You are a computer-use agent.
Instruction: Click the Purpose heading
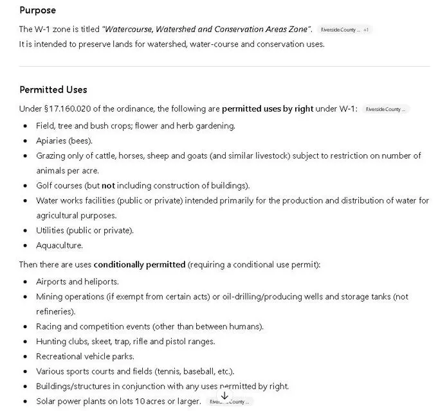pos(37,10)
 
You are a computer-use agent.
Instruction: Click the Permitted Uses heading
pos(53,90)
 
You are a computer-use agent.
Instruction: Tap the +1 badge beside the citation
pos(366,30)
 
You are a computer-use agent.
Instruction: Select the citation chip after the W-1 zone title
pos(340,30)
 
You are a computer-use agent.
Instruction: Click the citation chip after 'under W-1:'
pos(385,109)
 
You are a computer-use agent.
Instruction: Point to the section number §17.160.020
pos(75,109)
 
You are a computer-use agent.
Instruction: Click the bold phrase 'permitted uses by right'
pos(268,109)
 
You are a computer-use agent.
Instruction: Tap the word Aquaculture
pos(59,245)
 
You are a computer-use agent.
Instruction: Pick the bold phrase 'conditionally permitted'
pos(140,265)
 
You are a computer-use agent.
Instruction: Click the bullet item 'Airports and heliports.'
pos(77,282)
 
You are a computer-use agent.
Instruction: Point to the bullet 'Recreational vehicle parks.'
pos(85,356)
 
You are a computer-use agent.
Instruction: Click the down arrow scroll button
pos(224,397)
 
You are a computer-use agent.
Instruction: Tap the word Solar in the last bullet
pos(46,401)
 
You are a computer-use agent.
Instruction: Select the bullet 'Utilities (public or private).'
pos(85,231)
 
